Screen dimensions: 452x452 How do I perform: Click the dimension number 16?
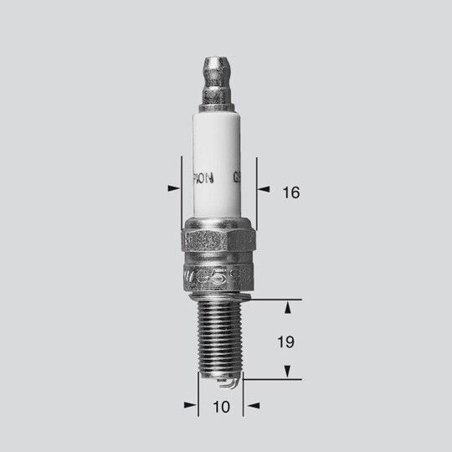coord(290,193)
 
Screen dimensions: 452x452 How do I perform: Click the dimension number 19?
coord(288,342)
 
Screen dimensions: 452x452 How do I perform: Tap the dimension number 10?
coord(220,408)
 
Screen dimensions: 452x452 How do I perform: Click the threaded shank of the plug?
coord(219,335)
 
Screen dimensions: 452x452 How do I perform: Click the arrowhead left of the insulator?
coord(173,187)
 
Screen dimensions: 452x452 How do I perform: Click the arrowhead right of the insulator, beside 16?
coord(263,187)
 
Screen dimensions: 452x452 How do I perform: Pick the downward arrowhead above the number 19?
coord(287,309)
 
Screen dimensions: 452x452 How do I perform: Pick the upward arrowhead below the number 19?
coord(287,370)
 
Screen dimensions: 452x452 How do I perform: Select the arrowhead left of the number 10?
coord(190,404)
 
